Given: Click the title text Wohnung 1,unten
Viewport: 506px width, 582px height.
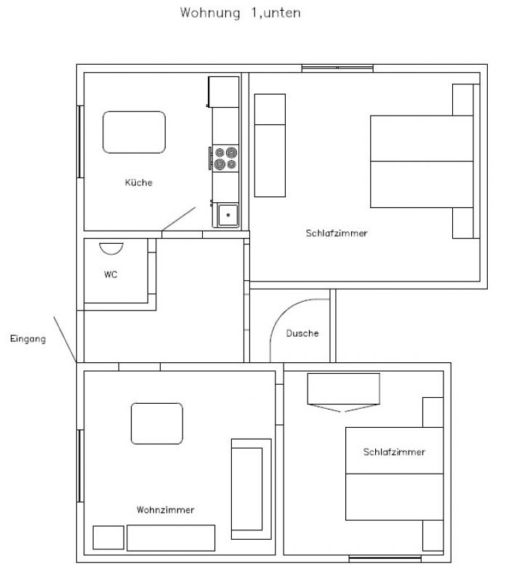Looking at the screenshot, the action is (x=240, y=13).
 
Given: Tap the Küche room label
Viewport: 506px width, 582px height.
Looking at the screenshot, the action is (x=139, y=183).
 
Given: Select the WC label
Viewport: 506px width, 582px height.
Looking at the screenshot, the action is (x=111, y=275).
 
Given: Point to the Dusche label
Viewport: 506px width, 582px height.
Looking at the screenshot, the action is (x=302, y=333).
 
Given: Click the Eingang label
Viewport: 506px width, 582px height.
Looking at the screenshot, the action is (x=28, y=339).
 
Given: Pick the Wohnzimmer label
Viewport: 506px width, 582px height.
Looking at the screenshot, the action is (x=166, y=510).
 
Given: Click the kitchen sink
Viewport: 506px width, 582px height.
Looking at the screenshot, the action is (x=228, y=215).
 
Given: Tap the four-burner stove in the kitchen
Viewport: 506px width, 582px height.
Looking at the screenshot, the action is (x=225, y=158).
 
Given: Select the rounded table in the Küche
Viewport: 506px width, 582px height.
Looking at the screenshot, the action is (x=134, y=132).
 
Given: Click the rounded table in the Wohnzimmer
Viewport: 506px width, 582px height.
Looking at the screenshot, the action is (x=157, y=423).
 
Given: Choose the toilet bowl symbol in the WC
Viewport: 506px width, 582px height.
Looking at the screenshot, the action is (x=111, y=248).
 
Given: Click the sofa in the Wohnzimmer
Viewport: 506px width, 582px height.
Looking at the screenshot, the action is (x=251, y=489).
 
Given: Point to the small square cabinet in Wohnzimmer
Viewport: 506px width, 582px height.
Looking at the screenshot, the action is (x=108, y=538).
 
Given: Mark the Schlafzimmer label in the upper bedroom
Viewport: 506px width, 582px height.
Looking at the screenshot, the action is (x=337, y=233).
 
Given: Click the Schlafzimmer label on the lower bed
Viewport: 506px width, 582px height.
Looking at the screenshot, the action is (x=394, y=452).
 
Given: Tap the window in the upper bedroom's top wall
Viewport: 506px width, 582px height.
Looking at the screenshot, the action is (x=337, y=68).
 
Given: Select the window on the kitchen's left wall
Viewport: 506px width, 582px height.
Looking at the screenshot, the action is (x=80, y=142).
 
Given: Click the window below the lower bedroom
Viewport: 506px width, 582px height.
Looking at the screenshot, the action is (x=385, y=559).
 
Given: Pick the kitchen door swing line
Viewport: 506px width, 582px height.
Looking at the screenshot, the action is (x=178, y=219).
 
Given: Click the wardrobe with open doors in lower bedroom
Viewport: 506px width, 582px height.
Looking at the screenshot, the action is (x=344, y=392).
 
